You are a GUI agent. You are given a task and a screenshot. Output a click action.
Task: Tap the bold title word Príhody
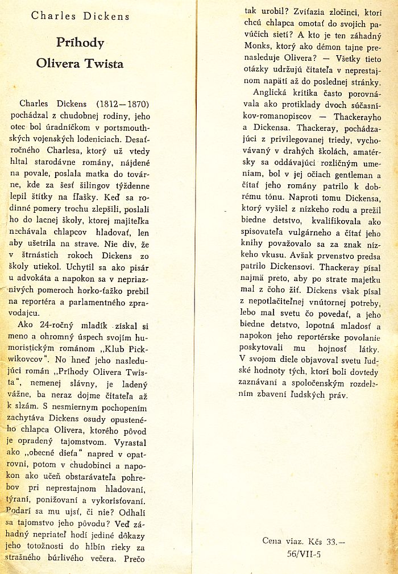(80, 43)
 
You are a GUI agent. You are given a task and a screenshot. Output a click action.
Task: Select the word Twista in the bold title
(103, 63)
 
